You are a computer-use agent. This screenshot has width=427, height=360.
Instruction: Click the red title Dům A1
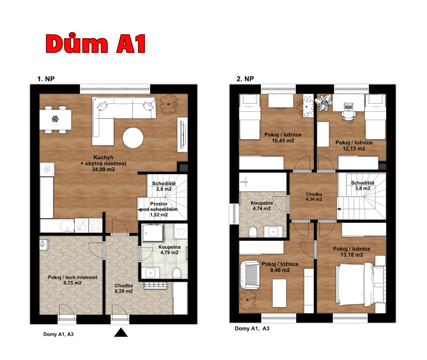[x=96, y=43]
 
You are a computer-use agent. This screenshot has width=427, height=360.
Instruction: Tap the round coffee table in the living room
[x=133, y=138]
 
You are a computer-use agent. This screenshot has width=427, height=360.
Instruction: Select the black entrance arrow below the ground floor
[x=121, y=332]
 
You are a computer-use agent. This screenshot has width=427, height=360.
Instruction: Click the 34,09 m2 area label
[x=103, y=169]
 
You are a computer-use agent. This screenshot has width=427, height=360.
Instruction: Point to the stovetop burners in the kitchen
[x=96, y=225]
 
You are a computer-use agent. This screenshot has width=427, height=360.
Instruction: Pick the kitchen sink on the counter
[x=67, y=226]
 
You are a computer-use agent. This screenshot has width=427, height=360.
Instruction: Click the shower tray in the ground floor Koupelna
[x=153, y=233]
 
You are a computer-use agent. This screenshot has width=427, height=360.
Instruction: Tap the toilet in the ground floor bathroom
[x=177, y=273]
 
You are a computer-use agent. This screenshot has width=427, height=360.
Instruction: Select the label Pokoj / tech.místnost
[x=72, y=277]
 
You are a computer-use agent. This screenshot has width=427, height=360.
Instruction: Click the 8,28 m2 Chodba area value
[x=124, y=291]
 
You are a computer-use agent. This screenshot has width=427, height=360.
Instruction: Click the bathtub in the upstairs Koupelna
[x=263, y=182]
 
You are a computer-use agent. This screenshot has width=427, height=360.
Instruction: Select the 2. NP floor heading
[x=245, y=79]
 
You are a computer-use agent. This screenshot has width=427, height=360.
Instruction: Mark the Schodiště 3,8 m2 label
[x=363, y=186]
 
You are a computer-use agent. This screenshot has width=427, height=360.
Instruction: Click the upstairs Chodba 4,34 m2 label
[x=314, y=197]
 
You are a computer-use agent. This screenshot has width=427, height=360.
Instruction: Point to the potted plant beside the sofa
[x=168, y=104]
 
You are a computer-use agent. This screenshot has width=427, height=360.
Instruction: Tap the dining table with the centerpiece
[x=55, y=120]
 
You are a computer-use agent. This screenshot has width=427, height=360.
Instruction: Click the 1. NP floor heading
[x=46, y=79]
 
